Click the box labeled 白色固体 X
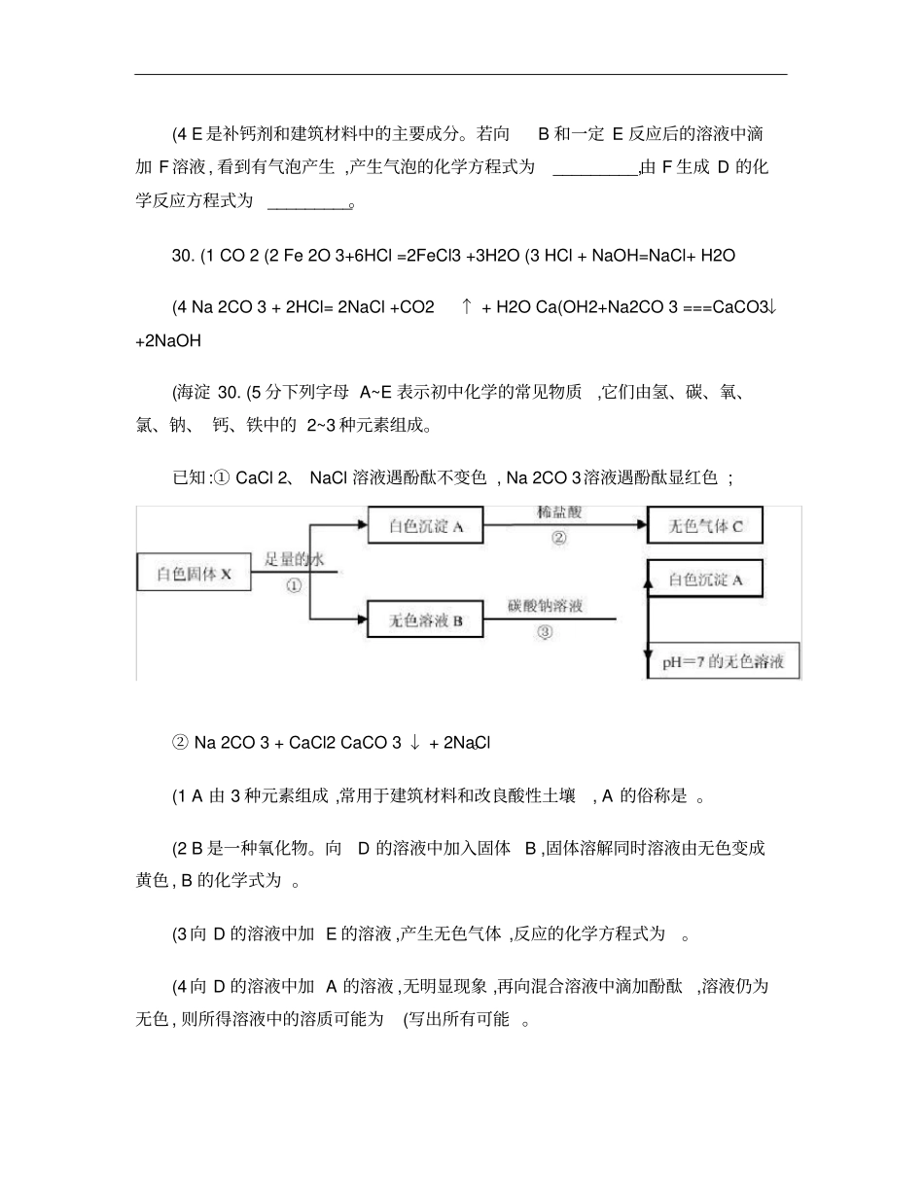tap(195, 573)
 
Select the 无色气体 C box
tap(704, 526)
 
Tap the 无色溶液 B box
tap(425, 619)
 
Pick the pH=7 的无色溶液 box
tap(724, 663)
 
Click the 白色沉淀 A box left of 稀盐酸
tap(425, 526)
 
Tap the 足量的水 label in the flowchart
tap(293, 559)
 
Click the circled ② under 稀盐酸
tap(558, 537)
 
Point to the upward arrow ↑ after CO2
tap(467, 307)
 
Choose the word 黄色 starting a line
tap(152, 881)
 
